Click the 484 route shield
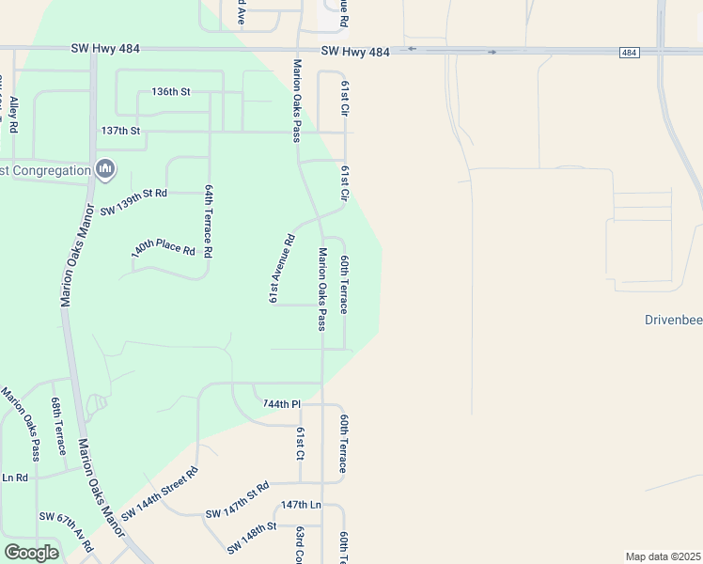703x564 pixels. [630, 53]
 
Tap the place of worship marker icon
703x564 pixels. [105, 169]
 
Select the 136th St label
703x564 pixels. [171, 92]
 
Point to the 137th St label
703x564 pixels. [120, 131]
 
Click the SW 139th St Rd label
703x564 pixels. [133, 193]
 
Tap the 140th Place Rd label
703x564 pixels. [163, 248]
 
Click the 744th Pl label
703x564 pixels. [281, 404]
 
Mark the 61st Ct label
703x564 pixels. [301, 442]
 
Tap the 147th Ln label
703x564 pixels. [301, 505]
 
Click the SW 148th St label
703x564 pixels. [251, 537]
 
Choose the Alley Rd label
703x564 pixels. [12, 112]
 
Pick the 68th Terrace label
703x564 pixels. [58, 425]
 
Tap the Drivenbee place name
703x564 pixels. [673, 320]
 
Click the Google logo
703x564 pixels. [31, 552]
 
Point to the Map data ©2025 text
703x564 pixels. [662, 556]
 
